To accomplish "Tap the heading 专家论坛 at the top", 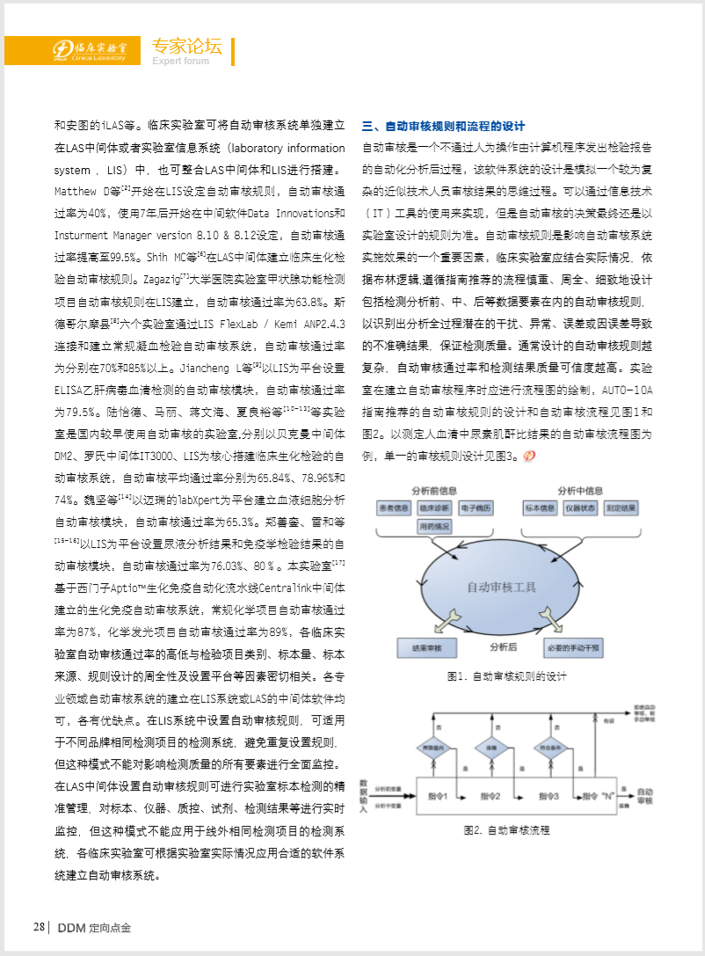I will coord(186,47).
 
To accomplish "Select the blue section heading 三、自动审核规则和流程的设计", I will coord(443,127).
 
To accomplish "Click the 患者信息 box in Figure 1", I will coord(395,508).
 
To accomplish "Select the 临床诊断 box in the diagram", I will coord(434,508).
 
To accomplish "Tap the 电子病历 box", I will coord(476,508).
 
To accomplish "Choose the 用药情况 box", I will coord(434,527).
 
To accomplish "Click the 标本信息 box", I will coord(541,508).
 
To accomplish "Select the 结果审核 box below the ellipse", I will coord(426,649).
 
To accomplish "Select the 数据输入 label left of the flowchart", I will coord(361,796).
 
